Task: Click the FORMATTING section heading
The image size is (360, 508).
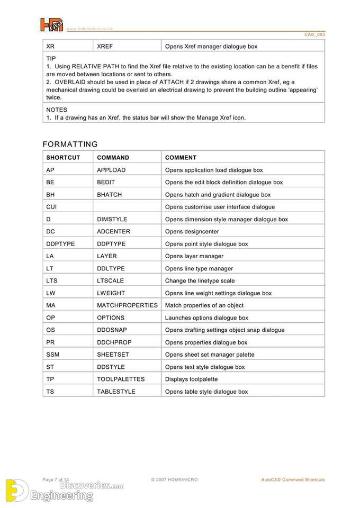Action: tap(70, 144)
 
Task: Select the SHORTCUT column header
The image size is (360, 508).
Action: tap(63, 158)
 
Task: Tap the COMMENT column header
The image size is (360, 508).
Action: tap(181, 158)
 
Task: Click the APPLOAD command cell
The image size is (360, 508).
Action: tap(111, 170)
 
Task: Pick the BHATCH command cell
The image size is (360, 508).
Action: tap(109, 195)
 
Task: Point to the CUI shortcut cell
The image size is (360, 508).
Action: tap(51, 207)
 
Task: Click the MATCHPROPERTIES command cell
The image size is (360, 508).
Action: tap(127, 305)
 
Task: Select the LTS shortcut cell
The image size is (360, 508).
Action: tap(51, 281)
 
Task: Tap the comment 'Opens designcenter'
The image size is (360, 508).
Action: tap(192, 232)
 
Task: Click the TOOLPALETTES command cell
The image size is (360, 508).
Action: tap(120, 379)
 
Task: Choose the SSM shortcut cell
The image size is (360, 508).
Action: tap(52, 355)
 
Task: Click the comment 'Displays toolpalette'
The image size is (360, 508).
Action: tap(191, 379)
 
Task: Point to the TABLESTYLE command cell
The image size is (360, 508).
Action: tap(116, 392)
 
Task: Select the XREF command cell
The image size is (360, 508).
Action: tap(105, 47)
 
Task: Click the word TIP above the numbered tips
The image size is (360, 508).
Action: tap(51, 59)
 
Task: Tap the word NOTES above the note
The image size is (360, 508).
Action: tap(57, 110)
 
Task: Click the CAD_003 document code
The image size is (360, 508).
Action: tap(314, 34)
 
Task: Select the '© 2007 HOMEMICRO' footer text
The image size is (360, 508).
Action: tap(174, 480)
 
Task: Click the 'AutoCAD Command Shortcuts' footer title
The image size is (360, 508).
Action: tap(293, 480)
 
